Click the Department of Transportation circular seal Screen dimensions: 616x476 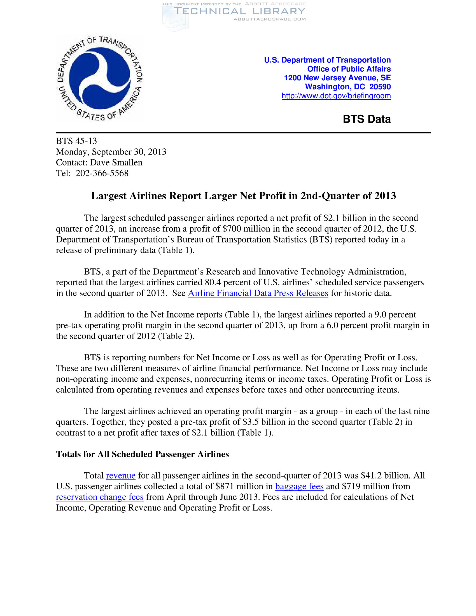(100, 78)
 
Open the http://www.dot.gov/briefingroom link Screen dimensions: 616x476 (336, 96)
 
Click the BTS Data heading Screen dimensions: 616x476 (367, 119)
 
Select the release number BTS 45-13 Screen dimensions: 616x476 (76, 141)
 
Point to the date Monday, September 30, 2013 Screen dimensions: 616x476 (111, 152)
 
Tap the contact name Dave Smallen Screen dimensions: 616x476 (116, 162)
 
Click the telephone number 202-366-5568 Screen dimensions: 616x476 (102, 173)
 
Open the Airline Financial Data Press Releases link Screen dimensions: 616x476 (258, 293)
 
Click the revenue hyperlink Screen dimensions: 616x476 (121, 476)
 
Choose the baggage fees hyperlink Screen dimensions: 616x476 (299, 487)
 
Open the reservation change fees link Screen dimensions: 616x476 (100, 497)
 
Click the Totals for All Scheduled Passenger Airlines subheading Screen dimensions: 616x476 (143, 454)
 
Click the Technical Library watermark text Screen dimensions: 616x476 (239, 11)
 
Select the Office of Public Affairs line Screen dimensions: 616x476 (349, 69)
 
